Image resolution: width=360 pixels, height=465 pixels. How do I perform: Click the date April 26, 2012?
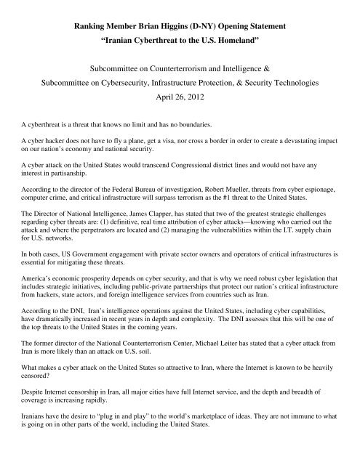tap(180, 96)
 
